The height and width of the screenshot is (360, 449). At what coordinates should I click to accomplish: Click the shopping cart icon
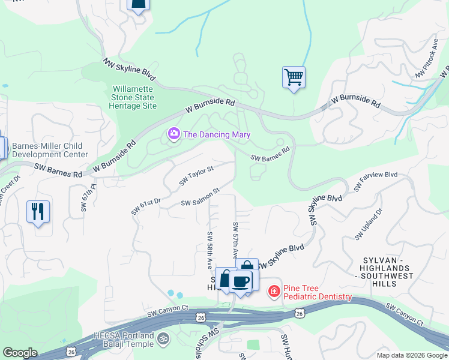pyautogui.click(x=294, y=77)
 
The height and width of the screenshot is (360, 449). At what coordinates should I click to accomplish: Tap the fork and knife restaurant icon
pyautogui.click(x=38, y=212)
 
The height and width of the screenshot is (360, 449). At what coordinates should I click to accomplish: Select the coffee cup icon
pyautogui.click(x=241, y=281)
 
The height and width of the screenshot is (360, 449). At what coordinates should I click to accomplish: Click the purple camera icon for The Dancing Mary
pyautogui.click(x=174, y=133)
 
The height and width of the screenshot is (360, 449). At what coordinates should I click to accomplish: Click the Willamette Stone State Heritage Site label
pyautogui.click(x=134, y=97)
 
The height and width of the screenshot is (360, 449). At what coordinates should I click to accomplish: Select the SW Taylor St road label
pyautogui.click(x=196, y=176)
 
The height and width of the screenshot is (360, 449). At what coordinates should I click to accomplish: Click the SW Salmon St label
pyautogui.click(x=200, y=198)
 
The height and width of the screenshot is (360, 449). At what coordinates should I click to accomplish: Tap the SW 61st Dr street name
pyautogui.click(x=146, y=205)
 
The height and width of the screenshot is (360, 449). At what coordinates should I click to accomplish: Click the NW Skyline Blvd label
pyautogui.click(x=128, y=70)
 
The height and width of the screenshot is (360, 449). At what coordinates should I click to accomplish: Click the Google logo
pyautogui.click(x=20, y=353)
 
